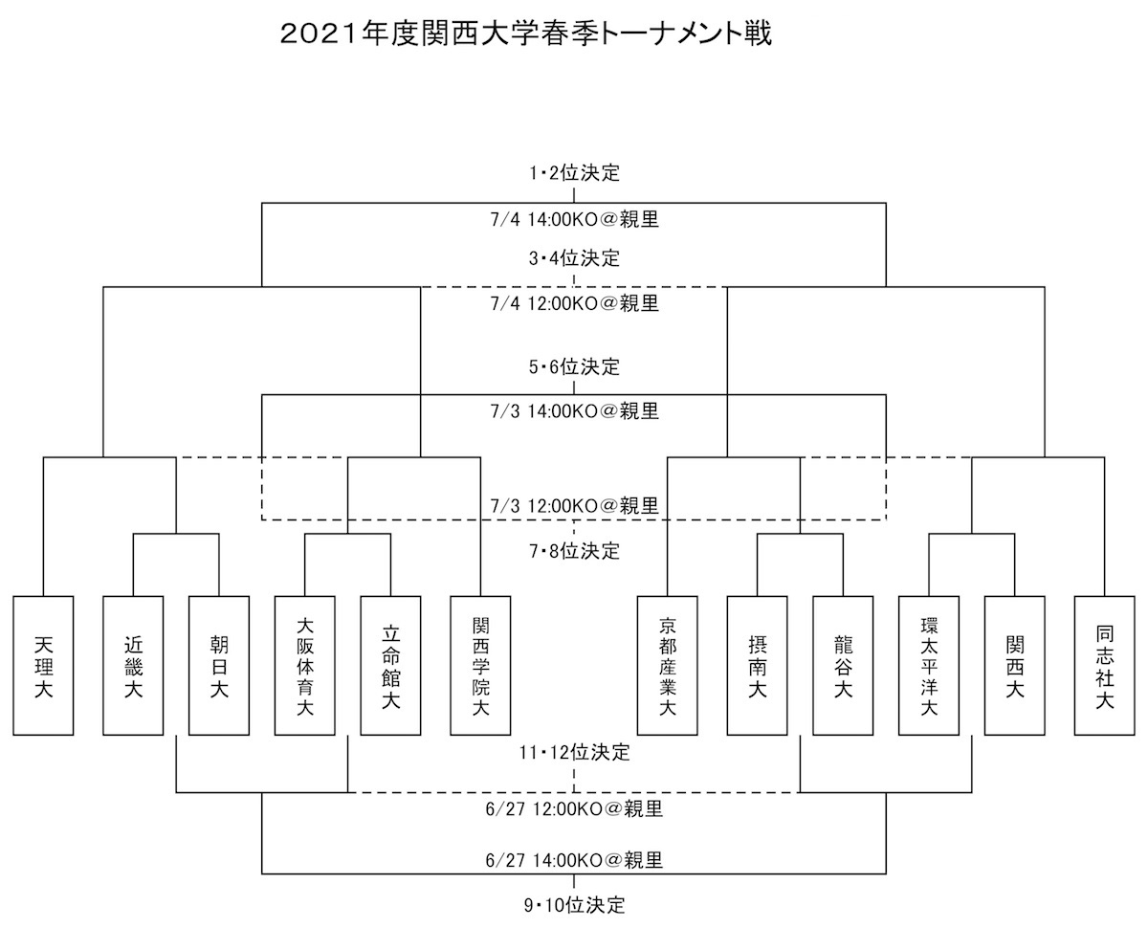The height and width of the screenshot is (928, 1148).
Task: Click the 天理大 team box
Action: pos(43,665)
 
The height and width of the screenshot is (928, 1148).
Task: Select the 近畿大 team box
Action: pos(133,665)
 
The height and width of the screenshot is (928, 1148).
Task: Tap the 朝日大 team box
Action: pos(219,665)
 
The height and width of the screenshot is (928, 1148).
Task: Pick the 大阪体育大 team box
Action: pos(304,665)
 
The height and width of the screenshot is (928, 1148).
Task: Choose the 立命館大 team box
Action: pos(390,665)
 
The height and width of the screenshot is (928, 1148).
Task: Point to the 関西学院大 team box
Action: pos(480,665)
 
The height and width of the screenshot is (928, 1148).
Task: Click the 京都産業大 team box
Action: pos(667,665)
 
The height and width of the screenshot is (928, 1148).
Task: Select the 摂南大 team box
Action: pos(757,665)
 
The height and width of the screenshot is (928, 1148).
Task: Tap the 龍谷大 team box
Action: pos(843,665)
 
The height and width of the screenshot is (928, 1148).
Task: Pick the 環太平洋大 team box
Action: pos(929,665)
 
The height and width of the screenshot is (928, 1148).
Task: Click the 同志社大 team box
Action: pos(1104,665)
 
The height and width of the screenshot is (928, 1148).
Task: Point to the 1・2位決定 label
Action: pos(574,173)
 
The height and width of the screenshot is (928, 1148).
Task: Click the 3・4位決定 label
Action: pos(574,258)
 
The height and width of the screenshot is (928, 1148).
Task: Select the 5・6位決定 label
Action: pos(574,367)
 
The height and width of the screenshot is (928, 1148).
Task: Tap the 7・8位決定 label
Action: pos(574,551)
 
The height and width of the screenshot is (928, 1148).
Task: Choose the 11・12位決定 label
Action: pos(574,752)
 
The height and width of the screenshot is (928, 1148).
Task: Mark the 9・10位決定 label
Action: pos(574,905)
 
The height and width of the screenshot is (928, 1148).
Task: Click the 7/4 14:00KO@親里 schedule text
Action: pos(574,219)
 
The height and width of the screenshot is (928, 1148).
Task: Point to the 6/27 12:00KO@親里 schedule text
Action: pos(574,809)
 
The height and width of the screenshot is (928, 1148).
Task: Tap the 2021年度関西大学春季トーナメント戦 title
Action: pos(526,33)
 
